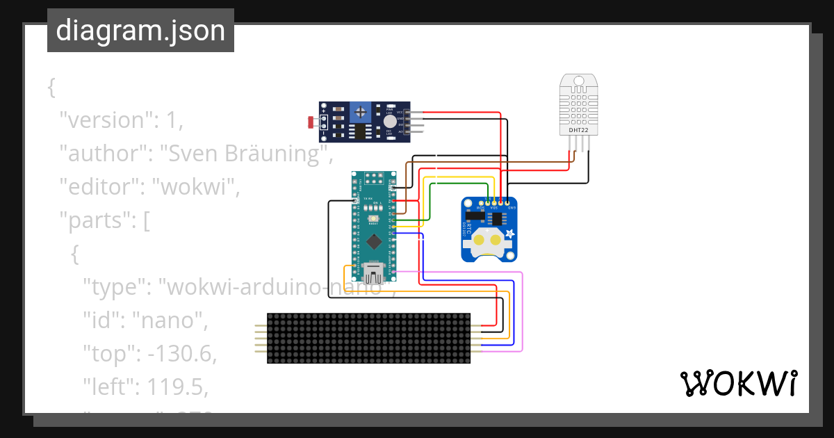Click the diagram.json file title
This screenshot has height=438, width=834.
click(x=140, y=31)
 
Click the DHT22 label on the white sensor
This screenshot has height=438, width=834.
click(x=578, y=129)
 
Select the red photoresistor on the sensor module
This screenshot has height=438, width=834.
click(x=312, y=123)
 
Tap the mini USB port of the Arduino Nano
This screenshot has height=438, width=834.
click(x=374, y=270)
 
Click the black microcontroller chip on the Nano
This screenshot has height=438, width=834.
click(x=375, y=241)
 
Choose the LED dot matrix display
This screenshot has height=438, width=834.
click(x=368, y=338)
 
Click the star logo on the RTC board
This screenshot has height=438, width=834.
click(x=509, y=234)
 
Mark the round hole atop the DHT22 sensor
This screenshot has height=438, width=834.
click(x=578, y=81)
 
